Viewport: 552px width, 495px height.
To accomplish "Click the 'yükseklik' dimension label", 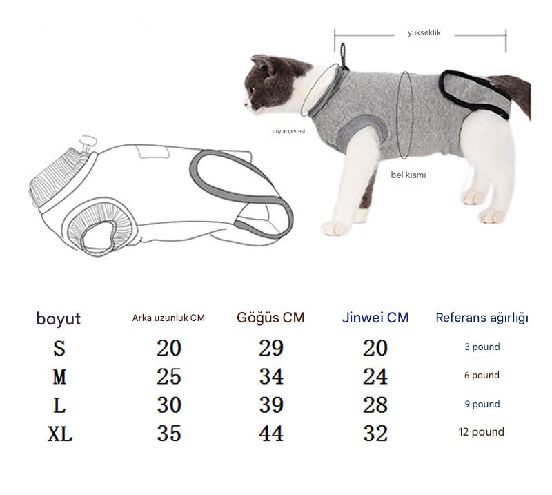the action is (x=424, y=32).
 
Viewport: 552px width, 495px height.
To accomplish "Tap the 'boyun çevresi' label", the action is (x=288, y=131).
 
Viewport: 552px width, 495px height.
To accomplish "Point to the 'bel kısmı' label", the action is (x=408, y=175).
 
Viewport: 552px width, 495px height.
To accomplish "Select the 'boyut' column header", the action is (x=59, y=318).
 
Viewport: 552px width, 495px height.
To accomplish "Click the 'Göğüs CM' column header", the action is (x=270, y=318).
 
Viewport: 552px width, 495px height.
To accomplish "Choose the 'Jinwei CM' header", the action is (x=375, y=318).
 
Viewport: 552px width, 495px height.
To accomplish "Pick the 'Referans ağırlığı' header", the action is (x=482, y=318).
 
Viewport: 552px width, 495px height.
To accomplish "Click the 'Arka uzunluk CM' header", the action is (x=168, y=318).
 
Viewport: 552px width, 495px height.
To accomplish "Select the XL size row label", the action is (x=60, y=434).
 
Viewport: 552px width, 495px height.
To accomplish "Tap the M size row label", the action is (x=59, y=377).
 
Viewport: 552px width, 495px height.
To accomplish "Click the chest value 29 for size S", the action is (x=271, y=348).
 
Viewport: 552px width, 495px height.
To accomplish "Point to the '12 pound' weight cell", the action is (x=481, y=432).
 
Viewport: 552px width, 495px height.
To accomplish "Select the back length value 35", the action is (x=169, y=434).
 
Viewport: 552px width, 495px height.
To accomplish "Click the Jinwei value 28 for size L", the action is (x=375, y=405).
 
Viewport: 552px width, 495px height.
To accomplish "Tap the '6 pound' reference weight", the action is (x=482, y=375).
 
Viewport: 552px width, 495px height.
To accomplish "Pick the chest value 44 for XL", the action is (x=271, y=434).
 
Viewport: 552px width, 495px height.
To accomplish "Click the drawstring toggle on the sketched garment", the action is (x=88, y=142).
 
